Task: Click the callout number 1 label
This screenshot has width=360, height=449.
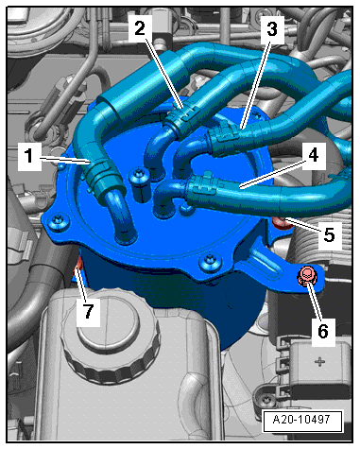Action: coord(29,156)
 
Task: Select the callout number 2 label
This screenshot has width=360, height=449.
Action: coord(140,28)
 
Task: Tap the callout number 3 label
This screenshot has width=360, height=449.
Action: coord(272,29)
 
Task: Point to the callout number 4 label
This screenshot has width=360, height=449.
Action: coord(313,156)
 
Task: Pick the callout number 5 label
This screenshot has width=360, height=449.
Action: coord(330,235)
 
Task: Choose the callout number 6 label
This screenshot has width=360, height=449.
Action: coord(323,332)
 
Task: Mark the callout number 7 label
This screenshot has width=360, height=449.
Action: coord(88,312)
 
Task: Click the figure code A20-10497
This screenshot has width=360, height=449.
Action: coord(301,420)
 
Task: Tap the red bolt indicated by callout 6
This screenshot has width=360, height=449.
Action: coord(306,276)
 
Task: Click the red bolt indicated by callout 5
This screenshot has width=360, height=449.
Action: coord(282,223)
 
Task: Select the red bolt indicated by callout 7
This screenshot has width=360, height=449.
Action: coord(77,267)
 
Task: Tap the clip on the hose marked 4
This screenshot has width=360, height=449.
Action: coord(201,186)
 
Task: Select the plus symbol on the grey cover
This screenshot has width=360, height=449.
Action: coord(319,361)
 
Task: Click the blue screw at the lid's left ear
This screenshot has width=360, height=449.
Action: coord(59,222)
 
